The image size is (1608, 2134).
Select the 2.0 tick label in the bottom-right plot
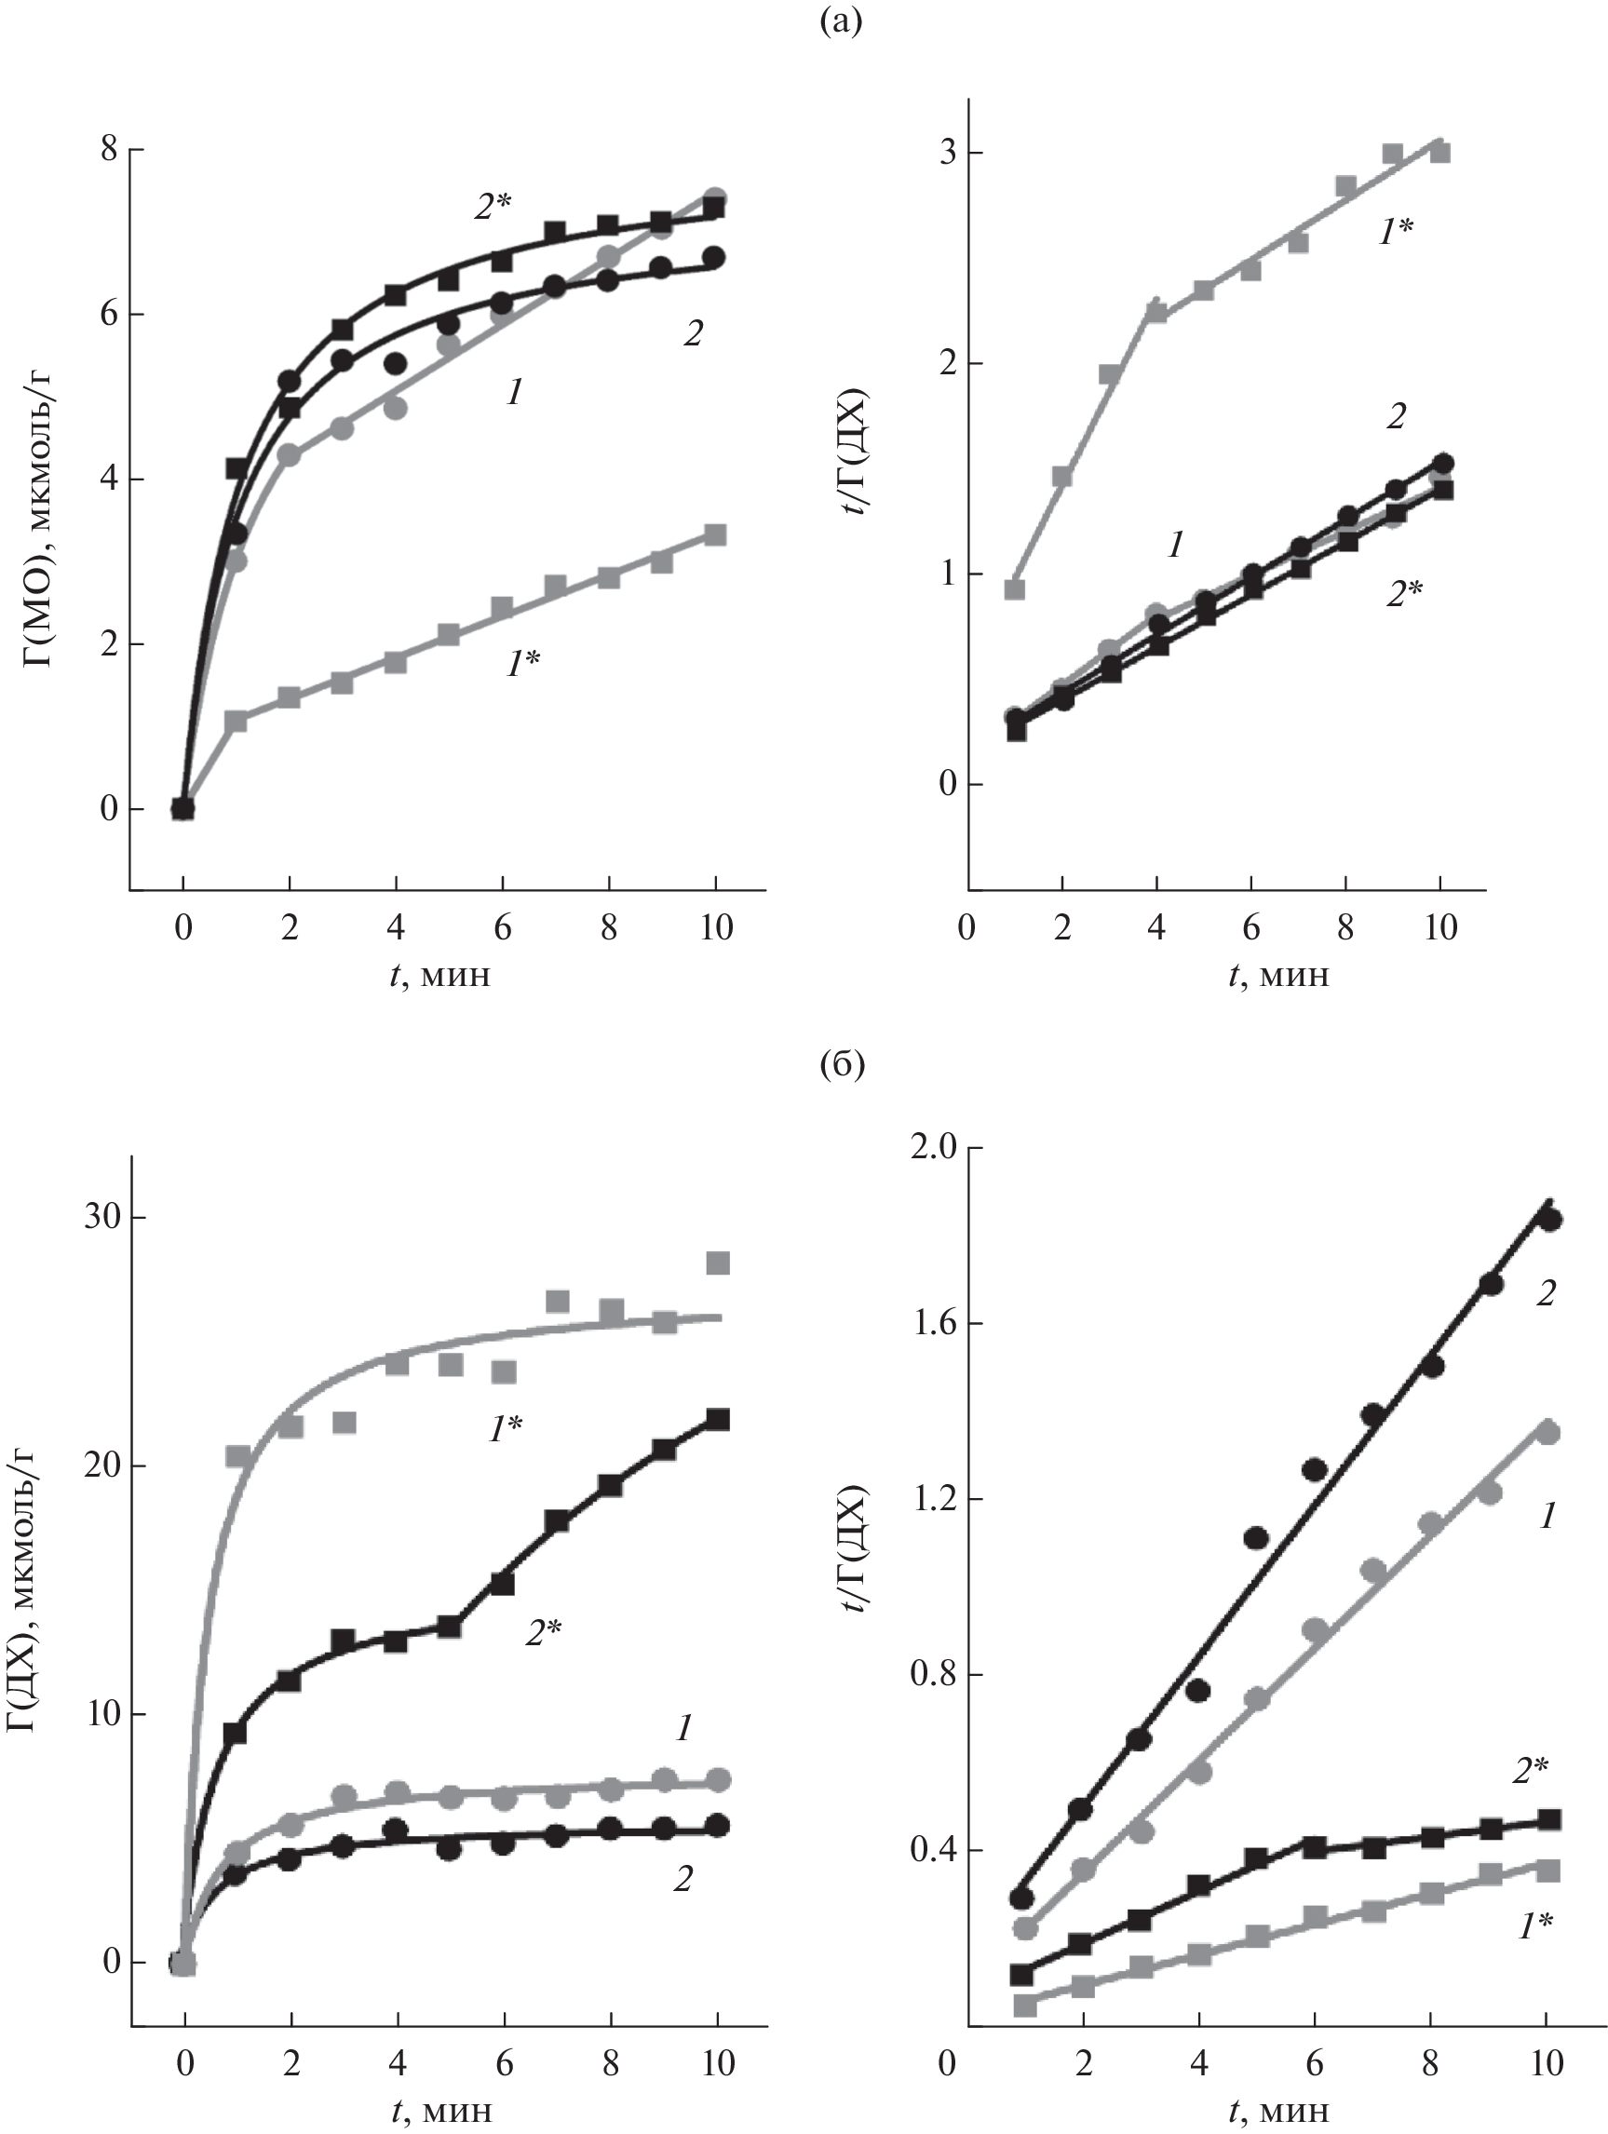tap(933, 1148)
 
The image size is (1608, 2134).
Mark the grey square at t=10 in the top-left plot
tap(715, 534)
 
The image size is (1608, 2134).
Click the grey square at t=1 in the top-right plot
tap(1015, 588)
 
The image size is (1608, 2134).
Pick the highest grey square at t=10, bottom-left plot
tap(718, 1263)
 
